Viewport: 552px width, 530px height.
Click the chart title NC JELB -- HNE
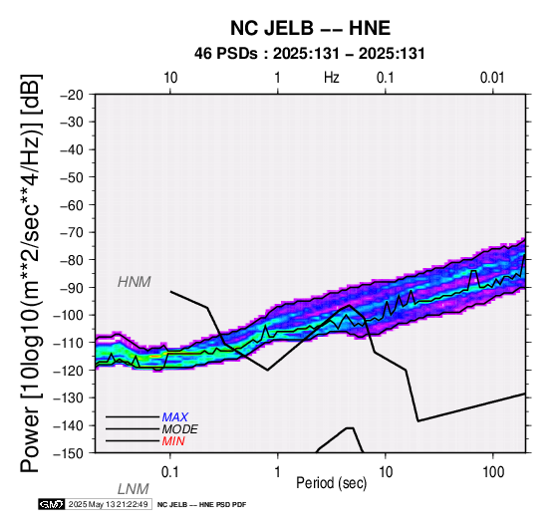(x=310, y=28)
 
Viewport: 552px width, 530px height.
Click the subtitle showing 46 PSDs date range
(x=310, y=54)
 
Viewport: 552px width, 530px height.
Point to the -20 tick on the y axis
(x=72, y=95)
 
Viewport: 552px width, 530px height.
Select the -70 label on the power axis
(x=72, y=232)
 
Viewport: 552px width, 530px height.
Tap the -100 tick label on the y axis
(x=69, y=315)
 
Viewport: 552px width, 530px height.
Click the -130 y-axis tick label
(x=69, y=397)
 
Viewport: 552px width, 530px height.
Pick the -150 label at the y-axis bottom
(x=69, y=453)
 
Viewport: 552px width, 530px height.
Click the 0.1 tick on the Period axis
(x=170, y=472)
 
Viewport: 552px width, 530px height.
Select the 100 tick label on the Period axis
(x=493, y=472)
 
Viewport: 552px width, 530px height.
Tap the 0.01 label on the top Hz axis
(x=492, y=78)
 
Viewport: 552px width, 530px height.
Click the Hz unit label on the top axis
(x=331, y=78)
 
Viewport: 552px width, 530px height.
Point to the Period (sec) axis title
(x=331, y=483)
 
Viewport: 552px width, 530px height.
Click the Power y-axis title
(x=31, y=273)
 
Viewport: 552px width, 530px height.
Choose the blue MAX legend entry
(x=174, y=417)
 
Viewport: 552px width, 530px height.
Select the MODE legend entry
(x=179, y=429)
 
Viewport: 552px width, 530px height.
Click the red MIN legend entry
(x=173, y=441)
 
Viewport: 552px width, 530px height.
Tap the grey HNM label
(x=135, y=282)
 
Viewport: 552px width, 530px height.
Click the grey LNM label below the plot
(x=133, y=489)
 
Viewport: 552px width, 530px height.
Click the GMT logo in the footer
(x=52, y=504)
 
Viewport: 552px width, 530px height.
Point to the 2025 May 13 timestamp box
(x=109, y=504)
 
